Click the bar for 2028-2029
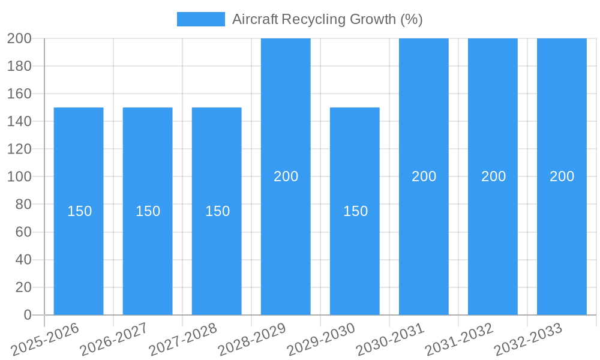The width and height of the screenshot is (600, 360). click(x=286, y=240)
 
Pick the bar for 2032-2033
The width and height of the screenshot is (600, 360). click(x=562, y=240)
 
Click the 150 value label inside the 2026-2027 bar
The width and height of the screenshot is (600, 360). click(x=148, y=211)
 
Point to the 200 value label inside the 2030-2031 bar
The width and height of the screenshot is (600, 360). click(x=424, y=176)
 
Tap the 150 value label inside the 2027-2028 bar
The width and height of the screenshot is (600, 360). click(x=217, y=211)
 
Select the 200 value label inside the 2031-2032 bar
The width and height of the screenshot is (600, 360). click(x=493, y=176)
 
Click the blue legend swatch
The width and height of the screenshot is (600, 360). click(x=200, y=19)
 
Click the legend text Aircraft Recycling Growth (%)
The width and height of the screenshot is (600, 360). click(x=327, y=19)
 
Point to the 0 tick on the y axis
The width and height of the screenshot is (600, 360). click(x=27, y=315)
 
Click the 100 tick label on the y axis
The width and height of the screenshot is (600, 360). click(x=19, y=177)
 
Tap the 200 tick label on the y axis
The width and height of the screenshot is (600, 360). click(x=19, y=38)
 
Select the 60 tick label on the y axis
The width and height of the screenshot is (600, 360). click(x=23, y=232)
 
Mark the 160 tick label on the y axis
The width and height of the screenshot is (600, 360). click(x=19, y=94)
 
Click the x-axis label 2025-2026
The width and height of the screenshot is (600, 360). click(x=46, y=338)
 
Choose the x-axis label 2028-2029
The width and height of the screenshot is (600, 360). click(x=253, y=338)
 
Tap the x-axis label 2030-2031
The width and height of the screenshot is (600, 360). click(x=391, y=338)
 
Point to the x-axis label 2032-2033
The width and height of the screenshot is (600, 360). click(x=529, y=338)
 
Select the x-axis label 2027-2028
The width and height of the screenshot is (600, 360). click(x=184, y=338)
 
